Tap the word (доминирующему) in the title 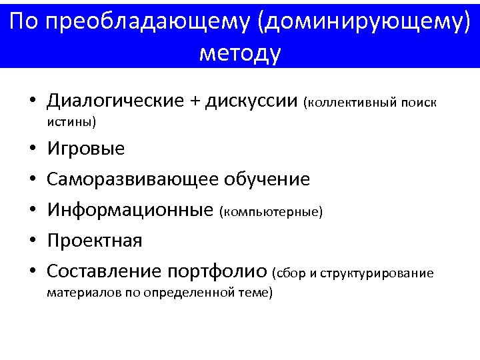coord(366,22)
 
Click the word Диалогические coord(115,101)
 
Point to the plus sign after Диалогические coord(195,101)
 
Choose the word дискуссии coord(251,101)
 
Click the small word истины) coord(72,122)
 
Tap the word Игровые coord(86,148)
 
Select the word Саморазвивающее coord(133,179)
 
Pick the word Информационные coord(131,210)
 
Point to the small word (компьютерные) coord(271,212)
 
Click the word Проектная coord(95,240)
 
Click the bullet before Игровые coord(31,149)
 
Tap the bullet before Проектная coord(31,241)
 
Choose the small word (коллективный coord(350,103)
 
